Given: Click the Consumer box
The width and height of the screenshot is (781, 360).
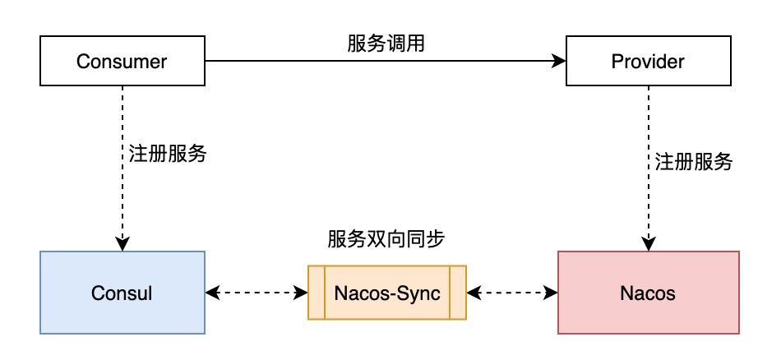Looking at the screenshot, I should tap(122, 62).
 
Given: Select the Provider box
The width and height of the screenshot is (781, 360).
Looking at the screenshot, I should tap(648, 62).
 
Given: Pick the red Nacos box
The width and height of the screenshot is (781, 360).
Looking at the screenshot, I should tap(648, 293).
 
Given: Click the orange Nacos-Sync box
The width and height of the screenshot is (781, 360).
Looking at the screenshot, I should tap(387, 293).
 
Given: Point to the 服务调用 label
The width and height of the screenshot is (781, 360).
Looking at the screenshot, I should tap(386, 44).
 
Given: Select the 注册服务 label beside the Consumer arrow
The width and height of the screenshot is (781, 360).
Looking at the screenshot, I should tap(167, 154).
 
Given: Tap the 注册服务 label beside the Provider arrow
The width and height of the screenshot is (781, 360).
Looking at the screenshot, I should tap(693, 162).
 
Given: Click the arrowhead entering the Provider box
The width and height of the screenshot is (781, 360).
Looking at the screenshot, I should tap(559, 62).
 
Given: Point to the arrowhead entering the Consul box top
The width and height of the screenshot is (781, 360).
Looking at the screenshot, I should tap(122, 244).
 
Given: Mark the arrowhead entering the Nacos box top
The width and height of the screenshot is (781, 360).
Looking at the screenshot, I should tap(648, 244).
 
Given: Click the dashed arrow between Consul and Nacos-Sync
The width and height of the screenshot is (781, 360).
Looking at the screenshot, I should tap(256, 293).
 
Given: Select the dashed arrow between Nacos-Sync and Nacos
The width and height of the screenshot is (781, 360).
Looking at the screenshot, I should tap(512, 293).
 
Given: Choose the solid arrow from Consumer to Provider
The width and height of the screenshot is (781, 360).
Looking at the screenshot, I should tap(378, 62).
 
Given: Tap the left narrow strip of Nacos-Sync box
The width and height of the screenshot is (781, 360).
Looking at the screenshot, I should tap(317, 293).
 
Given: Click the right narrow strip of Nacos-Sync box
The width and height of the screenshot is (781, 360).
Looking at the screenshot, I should tap(458, 293).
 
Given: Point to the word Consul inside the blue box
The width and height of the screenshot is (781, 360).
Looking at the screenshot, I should tap(122, 293).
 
